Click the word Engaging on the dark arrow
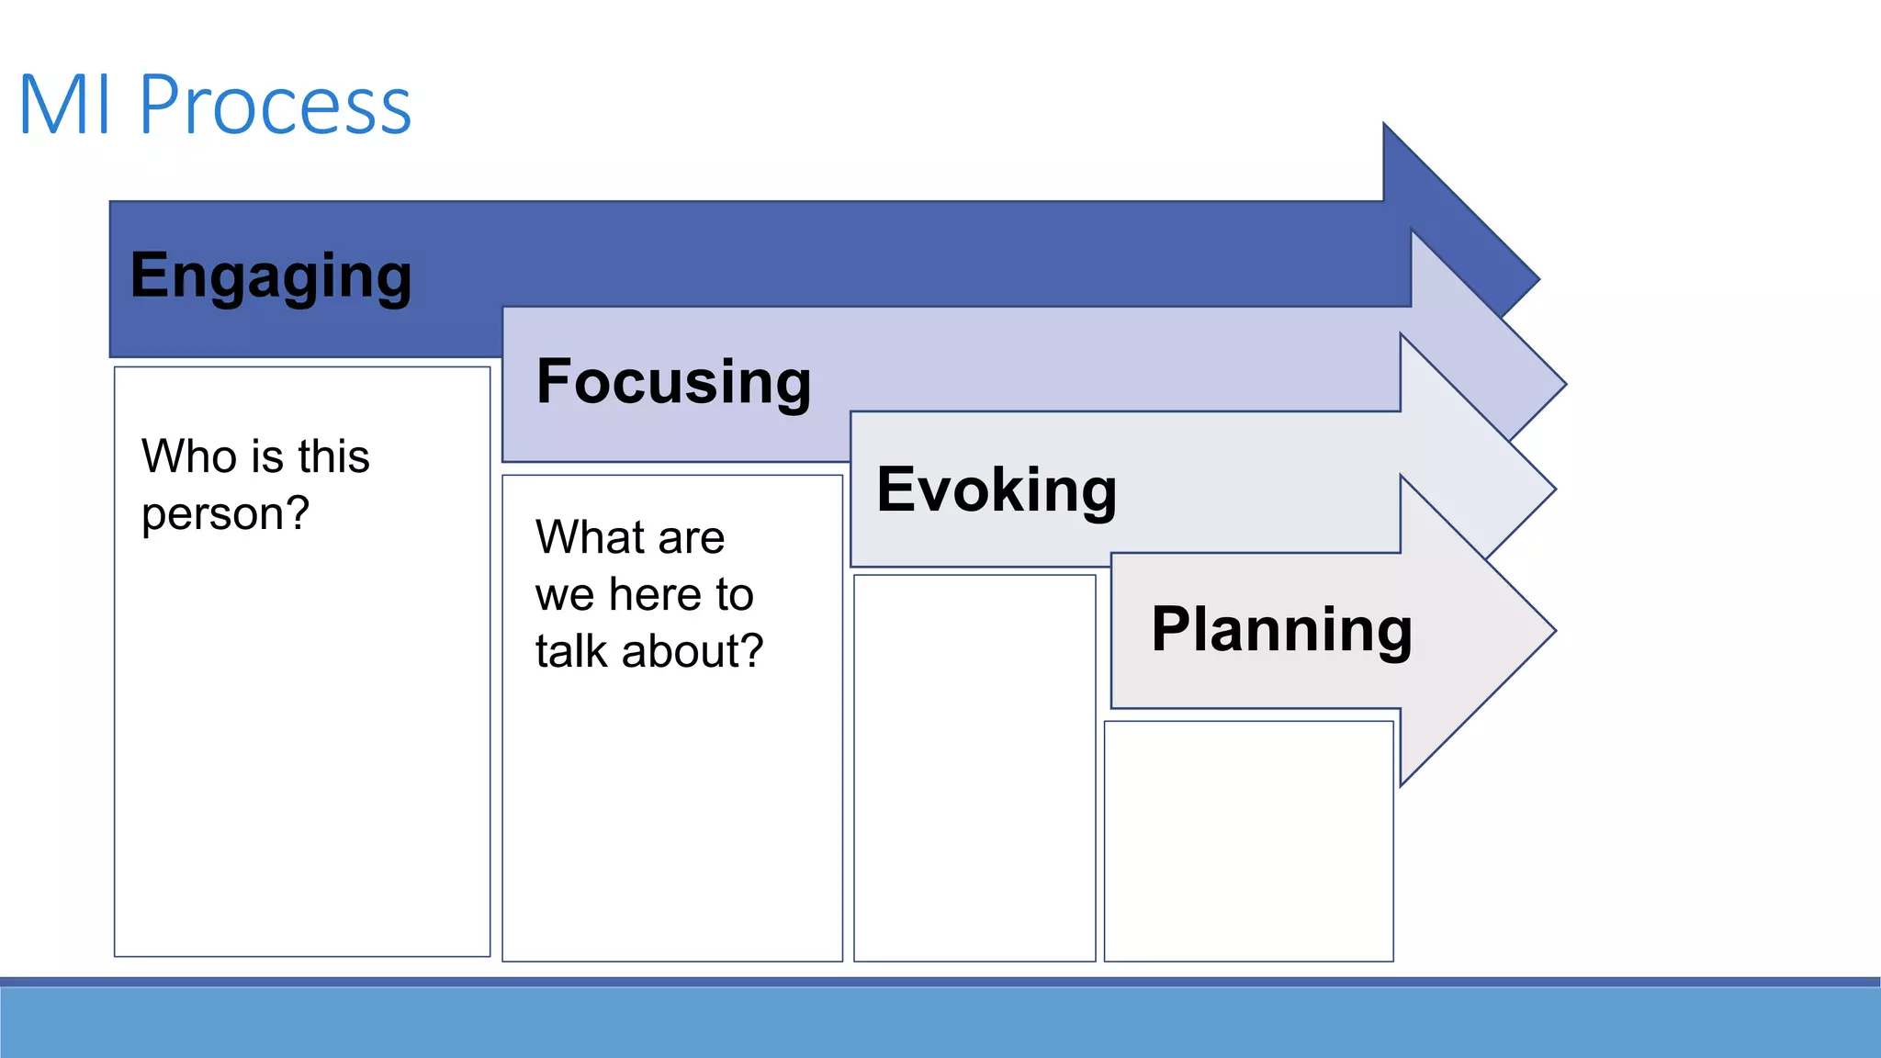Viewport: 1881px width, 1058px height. [x=271, y=276]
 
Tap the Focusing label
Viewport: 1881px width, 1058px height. [x=673, y=382]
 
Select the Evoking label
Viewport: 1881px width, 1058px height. [x=997, y=490]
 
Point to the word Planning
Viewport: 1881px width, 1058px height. [x=1281, y=630]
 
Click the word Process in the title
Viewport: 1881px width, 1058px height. [x=275, y=106]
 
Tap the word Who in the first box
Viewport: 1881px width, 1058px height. [x=188, y=456]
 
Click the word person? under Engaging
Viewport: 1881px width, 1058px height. [x=225, y=513]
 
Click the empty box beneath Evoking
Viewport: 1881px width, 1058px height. [x=974, y=768]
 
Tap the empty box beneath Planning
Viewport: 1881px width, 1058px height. [x=1248, y=841]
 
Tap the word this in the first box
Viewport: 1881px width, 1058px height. [x=333, y=456]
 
